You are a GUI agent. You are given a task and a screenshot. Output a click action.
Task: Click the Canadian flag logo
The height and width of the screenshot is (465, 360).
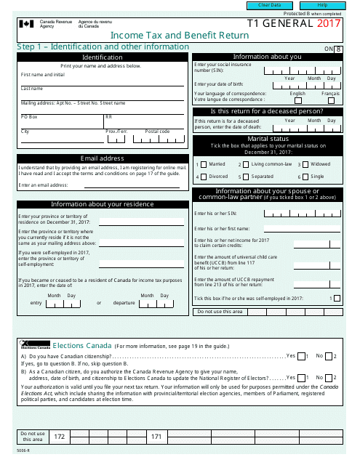[x=26, y=24]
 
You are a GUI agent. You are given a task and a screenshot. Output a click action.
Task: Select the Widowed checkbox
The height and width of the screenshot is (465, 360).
[x=304, y=164]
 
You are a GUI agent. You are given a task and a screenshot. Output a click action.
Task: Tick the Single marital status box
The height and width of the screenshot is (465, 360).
[x=304, y=177]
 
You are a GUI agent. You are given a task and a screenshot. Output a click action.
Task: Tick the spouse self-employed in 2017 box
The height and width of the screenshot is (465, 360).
[x=335, y=298]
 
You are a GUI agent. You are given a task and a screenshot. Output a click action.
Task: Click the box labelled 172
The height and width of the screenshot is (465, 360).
[x=60, y=436]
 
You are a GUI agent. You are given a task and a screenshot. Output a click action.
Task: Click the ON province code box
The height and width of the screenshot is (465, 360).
[x=338, y=49]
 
